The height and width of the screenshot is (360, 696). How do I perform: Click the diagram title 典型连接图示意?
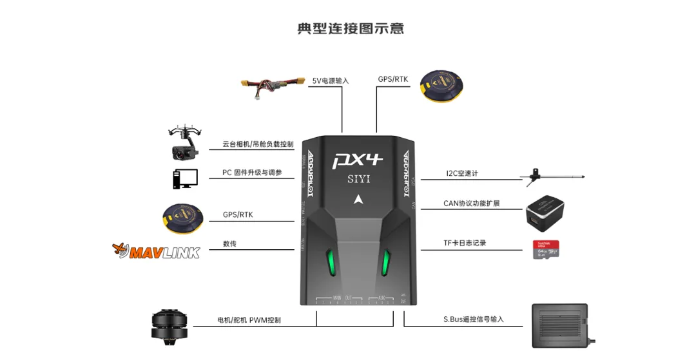pos(351,29)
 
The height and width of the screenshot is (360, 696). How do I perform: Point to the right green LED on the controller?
pos(388,260)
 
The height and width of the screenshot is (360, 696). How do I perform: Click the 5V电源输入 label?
pos(331,81)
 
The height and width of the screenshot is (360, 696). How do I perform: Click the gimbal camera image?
pos(184,142)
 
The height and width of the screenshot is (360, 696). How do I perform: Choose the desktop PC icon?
pos(184,178)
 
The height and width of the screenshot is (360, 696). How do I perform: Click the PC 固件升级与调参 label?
pos(252,173)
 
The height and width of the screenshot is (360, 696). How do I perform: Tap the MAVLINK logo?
pos(157,250)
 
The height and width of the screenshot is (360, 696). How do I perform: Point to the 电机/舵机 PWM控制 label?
pos(249,319)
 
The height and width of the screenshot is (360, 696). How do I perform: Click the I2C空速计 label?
pos(462,173)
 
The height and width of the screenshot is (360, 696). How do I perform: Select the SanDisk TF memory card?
pos(545,249)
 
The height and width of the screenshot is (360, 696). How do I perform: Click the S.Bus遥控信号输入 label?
pos(473,319)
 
